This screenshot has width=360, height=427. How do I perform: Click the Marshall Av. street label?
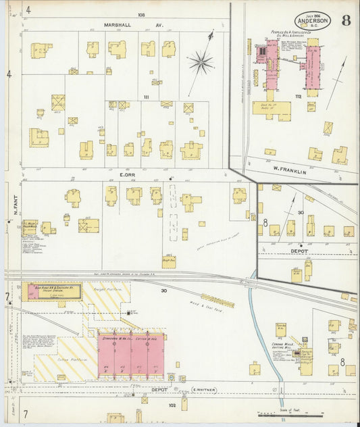(133, 25)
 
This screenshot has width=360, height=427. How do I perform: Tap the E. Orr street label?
(129, 174)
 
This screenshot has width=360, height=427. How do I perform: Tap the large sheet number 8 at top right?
(345, 20)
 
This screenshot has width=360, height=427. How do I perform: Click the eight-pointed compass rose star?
(201, 64)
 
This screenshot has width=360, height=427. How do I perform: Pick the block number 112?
(297, 97)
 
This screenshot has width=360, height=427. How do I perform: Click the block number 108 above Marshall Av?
(141, 14)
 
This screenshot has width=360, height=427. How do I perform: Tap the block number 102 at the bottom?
(172, 405)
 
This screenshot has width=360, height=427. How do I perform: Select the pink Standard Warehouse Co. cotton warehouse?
(131, 355)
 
